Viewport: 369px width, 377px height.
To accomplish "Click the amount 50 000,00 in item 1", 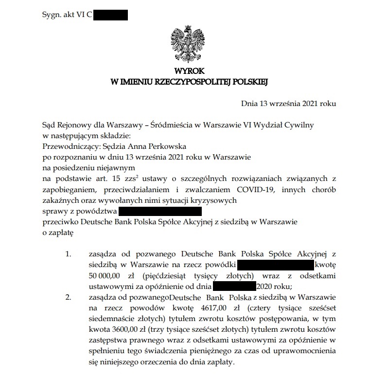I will (106, 275).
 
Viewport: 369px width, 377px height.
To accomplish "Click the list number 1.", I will (69, 254).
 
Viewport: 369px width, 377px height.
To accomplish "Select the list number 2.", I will (69, 297).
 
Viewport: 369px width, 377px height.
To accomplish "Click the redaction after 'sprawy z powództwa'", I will (160, 211).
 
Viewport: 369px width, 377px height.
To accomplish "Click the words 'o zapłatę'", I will (58, 233).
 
